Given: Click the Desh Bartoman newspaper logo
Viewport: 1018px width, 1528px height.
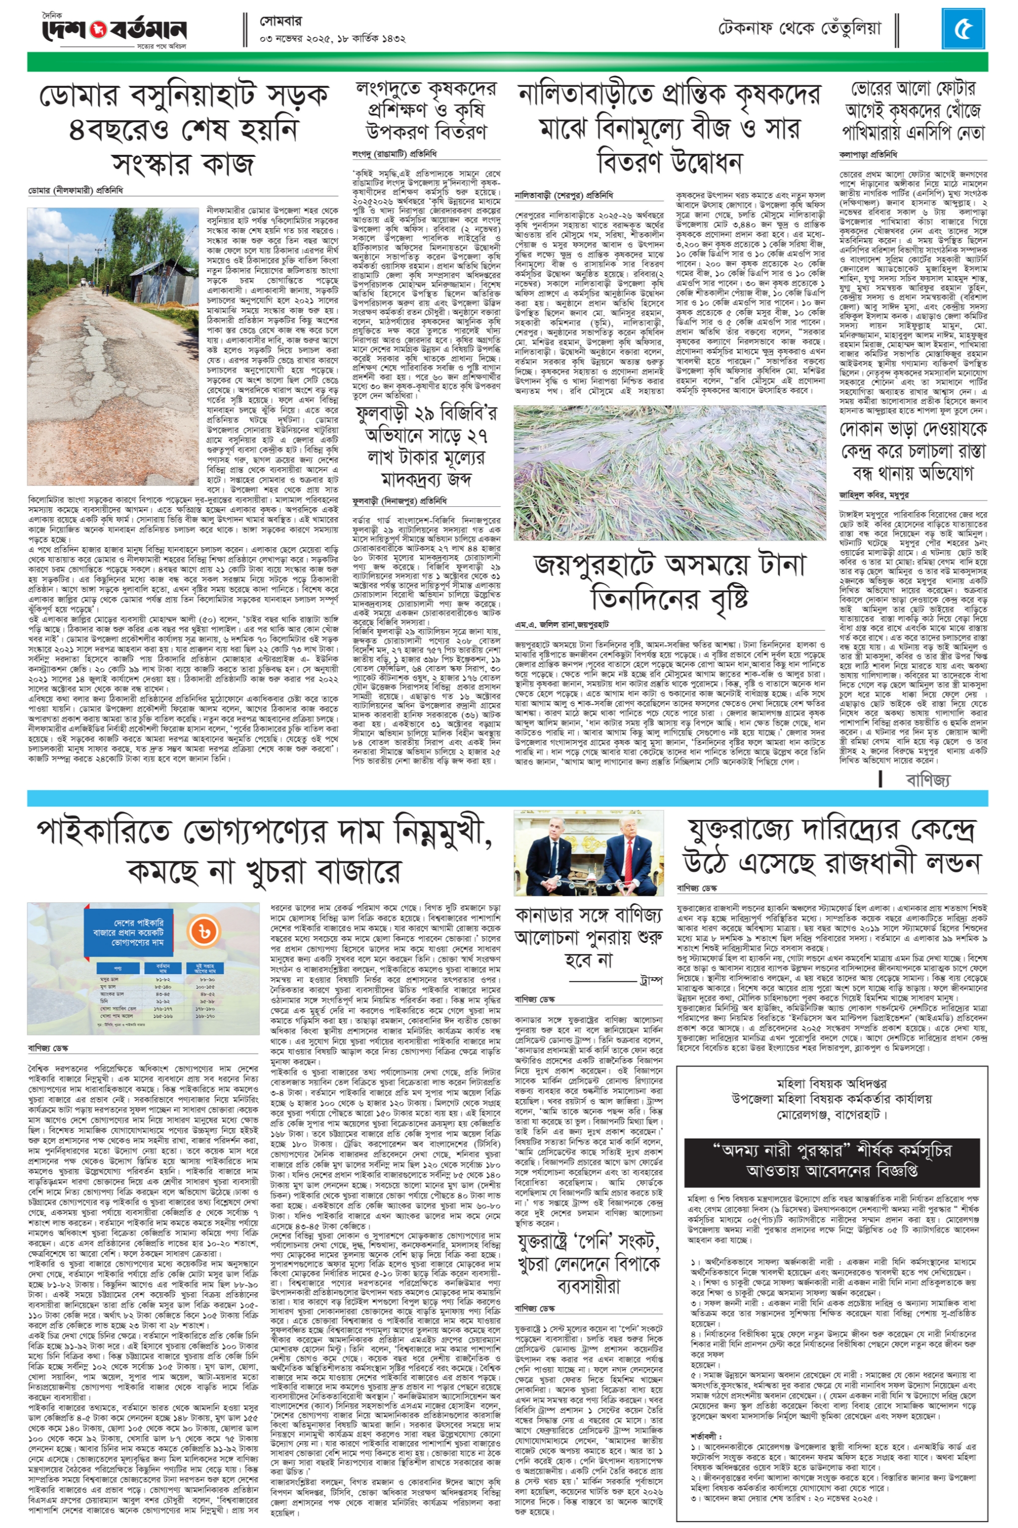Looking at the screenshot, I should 114,29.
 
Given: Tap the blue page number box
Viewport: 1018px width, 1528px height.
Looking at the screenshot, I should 964,30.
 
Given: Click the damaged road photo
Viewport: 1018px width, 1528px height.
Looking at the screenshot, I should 114,346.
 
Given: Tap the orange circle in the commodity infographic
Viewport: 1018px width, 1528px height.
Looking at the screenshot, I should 203,932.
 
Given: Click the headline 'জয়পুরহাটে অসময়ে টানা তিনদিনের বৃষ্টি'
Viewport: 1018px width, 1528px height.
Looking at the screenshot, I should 670,580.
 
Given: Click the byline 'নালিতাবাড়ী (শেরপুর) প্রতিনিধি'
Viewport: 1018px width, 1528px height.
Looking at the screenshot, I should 563,194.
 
